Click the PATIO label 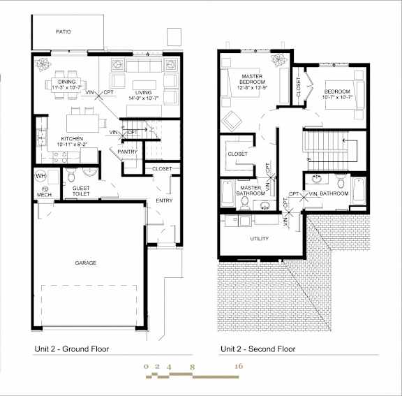tap(64, 32)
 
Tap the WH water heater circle tap(40, 175)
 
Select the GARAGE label tap(86, 263)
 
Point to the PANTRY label tap(127, 152)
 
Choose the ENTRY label tap(164, 201)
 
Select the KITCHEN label tap(73, 139)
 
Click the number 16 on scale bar tap(239, 366)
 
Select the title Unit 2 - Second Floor tap(258, 349)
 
